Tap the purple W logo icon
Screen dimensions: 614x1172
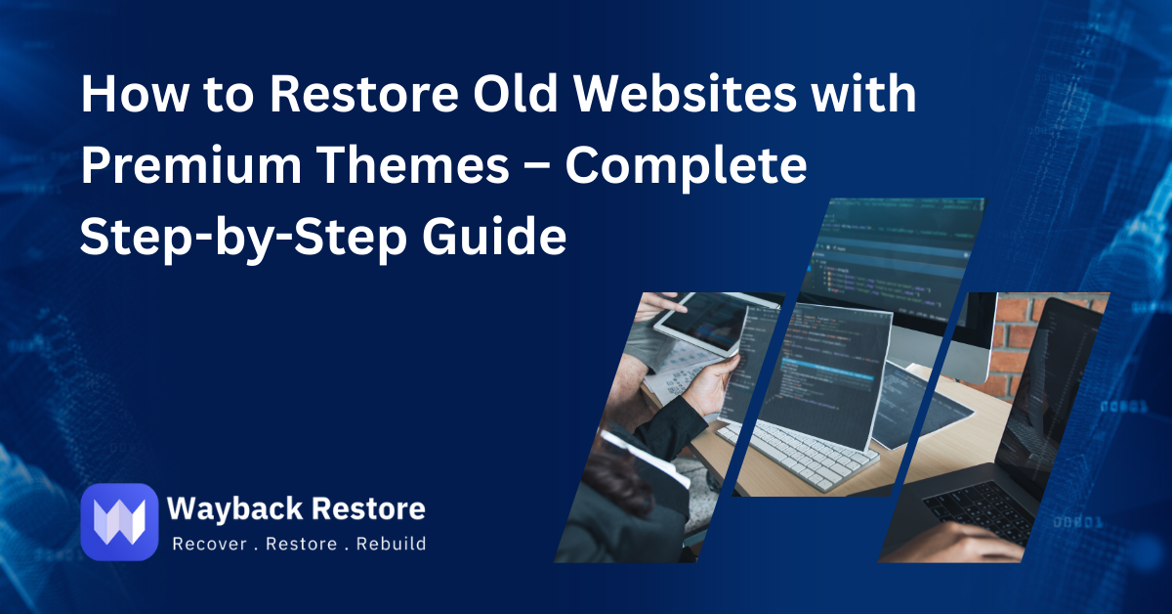119,521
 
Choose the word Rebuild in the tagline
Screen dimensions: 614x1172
391,545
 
